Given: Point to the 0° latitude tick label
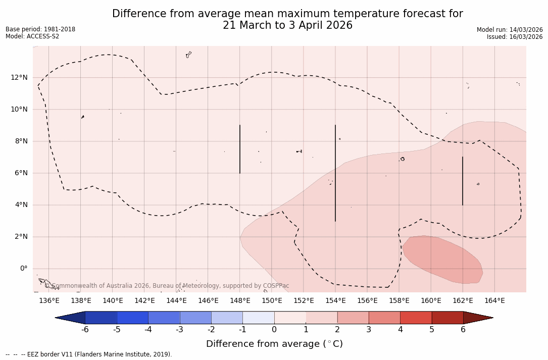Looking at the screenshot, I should (24, 269).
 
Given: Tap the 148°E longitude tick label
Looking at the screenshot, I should (240, 301).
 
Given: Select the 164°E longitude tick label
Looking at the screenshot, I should (494, 301).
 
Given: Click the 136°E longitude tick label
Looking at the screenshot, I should (49, 301).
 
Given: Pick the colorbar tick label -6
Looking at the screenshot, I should (85, 330).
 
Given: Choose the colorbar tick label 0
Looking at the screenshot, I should (274, 330).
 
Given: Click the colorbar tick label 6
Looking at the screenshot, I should (463, 330).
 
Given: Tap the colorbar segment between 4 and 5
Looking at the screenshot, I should (416, 318).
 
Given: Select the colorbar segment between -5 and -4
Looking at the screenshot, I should (132, 318).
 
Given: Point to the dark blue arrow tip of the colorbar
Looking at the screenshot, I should (70, 318).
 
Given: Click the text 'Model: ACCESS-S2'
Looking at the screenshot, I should (32, 36).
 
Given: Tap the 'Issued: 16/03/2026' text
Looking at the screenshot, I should (515, 37).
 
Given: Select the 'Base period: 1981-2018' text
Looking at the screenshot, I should (40, 29).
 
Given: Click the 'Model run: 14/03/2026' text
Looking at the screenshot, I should (510, 30).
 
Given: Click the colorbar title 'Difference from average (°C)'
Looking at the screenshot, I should (274, 344).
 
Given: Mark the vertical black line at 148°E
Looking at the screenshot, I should (240, 149).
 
